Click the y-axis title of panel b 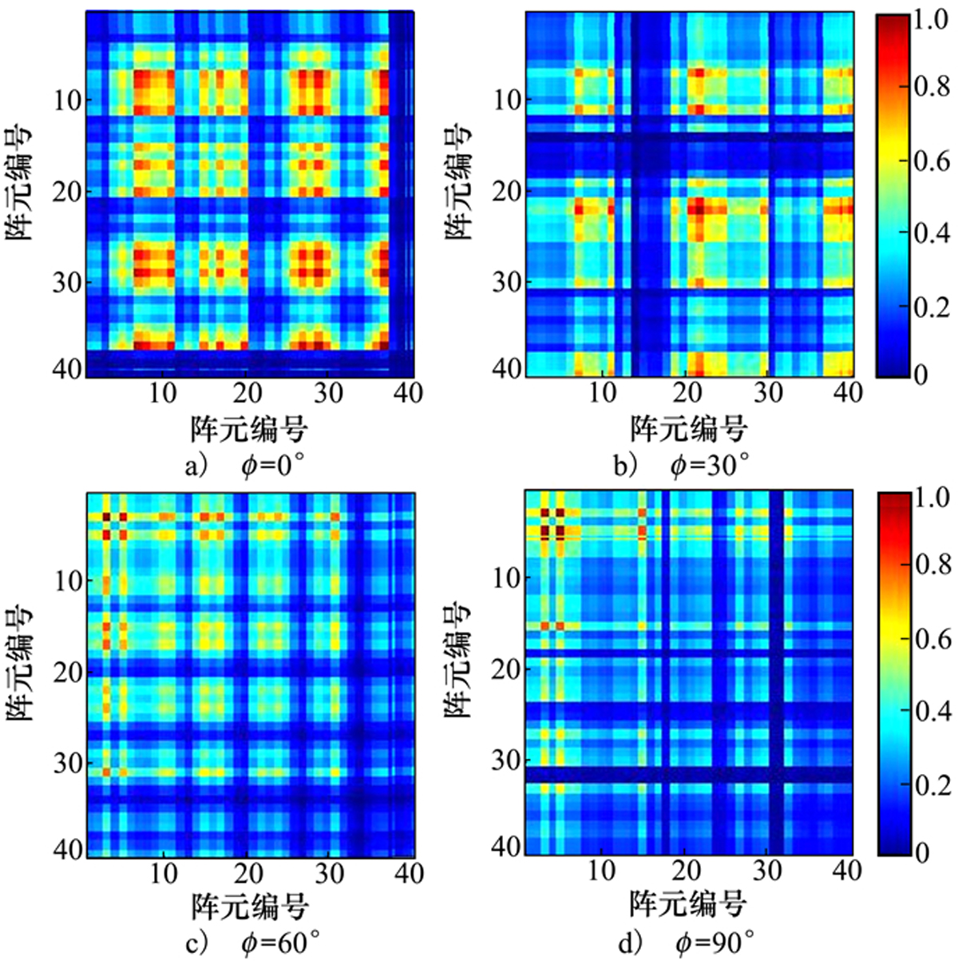pos(457,182)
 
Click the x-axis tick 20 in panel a pos(247,392)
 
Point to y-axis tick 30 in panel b pos(506,283)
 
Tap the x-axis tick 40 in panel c pos(409,873)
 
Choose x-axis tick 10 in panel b pos(602,392)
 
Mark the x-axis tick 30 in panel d pos(767,870)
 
